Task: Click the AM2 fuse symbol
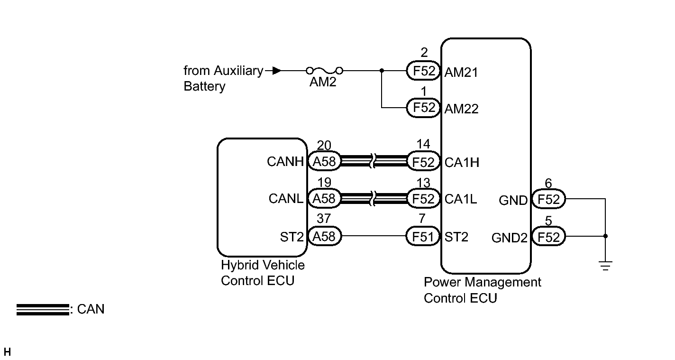[325, 71]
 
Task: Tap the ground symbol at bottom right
[605, 266]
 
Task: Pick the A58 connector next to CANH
[325, 162]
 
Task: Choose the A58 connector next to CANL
[325, 198]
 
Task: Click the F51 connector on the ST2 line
[423, 236]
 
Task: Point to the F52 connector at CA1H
[423, 162]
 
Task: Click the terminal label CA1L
[461, 199]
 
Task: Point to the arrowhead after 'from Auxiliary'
[277, 71]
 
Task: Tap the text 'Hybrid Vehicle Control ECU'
[263, 273]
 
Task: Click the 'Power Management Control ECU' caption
[482, 290]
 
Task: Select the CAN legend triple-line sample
[43, 309]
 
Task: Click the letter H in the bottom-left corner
[7, 352]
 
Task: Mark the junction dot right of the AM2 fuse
[382, 71]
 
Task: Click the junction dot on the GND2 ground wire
[605, 236]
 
